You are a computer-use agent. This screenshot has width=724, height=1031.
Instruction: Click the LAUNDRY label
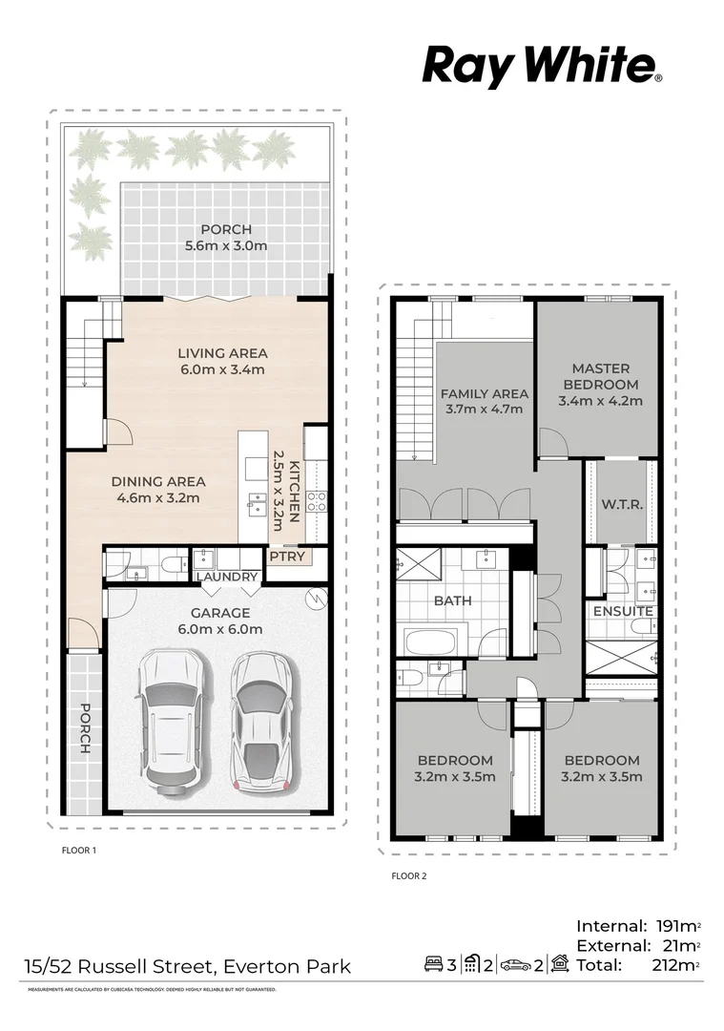(227, 577)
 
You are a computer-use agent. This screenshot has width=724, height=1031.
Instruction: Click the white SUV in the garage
(172, 717)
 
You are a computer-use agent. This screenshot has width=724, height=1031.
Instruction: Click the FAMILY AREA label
(484, 401)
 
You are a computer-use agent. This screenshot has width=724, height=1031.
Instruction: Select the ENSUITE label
(623, 611)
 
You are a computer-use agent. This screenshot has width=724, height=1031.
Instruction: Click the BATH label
(452, 601)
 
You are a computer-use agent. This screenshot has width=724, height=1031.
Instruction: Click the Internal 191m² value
(677, 925)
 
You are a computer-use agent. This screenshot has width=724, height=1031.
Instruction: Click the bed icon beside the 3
(433, 965)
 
